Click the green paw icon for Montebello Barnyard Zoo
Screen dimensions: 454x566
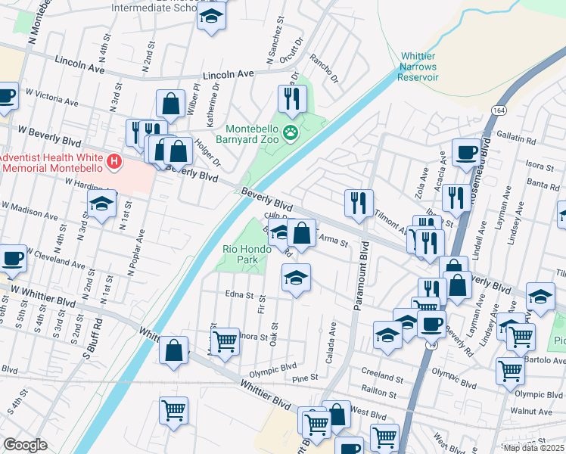coord(291,133)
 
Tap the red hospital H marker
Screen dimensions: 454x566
coord(114,161)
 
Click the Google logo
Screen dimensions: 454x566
coord(25,445)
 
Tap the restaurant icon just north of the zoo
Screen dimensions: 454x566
coord(291,97)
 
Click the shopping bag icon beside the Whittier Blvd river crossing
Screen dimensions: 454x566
coord(174,350)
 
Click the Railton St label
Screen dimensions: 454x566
coord(378,393)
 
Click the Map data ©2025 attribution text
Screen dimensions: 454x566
coord(533,448)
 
